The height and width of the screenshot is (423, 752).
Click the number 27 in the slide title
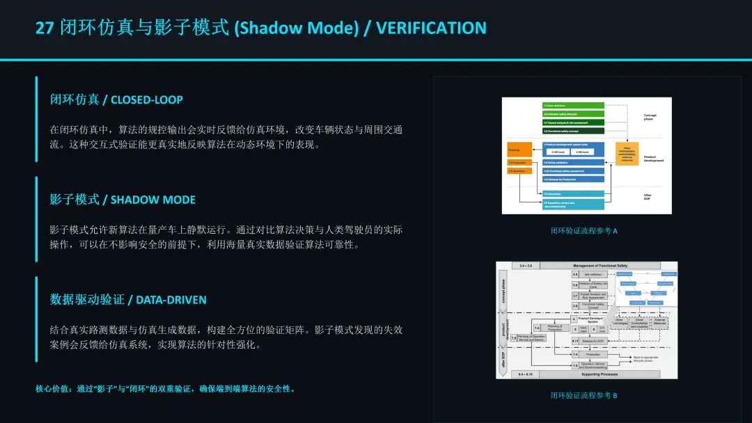coord(44,28)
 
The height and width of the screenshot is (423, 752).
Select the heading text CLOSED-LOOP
coord(146,99)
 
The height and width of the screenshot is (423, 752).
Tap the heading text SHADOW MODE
coord(153,200)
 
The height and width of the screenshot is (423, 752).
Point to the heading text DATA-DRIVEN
coord(171,300)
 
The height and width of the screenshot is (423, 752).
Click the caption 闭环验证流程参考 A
coord(584,231)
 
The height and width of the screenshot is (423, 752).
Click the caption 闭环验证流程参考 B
coord(584,396)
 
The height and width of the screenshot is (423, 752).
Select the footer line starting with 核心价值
coord(166,389)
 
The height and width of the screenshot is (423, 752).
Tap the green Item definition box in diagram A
coord(573,106)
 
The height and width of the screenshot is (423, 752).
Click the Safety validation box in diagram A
coord(573,163)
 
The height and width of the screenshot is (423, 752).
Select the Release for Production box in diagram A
coord(573,179)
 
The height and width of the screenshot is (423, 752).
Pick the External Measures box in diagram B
coord(659,323)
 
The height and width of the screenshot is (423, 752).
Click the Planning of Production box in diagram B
coord(554,328)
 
